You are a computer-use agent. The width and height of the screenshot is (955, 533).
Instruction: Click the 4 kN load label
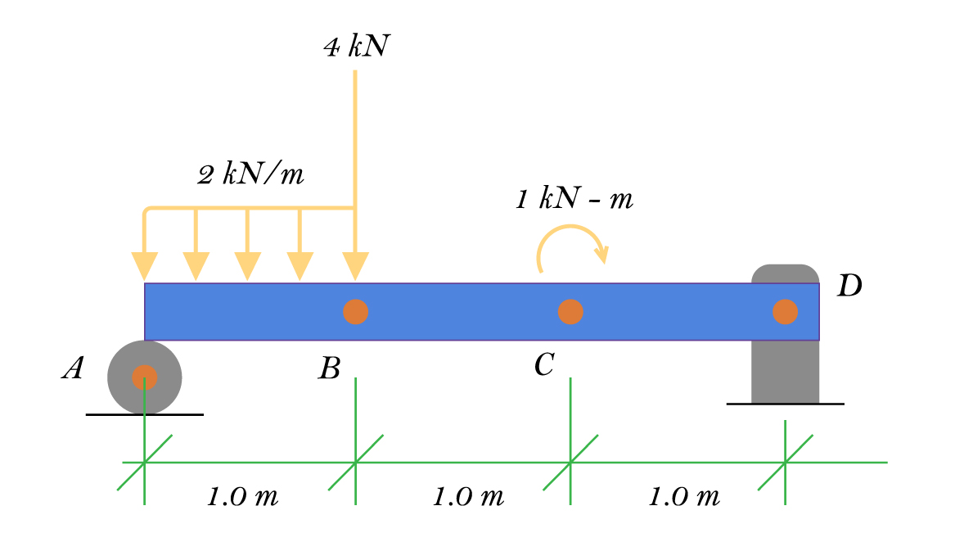tap(356, 47)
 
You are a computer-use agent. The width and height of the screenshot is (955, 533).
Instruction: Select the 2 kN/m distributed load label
tap(251, 174)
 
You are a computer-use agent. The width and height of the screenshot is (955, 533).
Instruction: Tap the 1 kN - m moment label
tap(574, 199)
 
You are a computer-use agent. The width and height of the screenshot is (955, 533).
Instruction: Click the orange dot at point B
tap(355, 312)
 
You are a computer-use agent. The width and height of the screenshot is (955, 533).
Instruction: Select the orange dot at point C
tap(570, 312)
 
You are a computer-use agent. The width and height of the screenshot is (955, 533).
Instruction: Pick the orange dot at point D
tap(785, 312)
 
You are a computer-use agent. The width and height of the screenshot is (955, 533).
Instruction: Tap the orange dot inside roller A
tap(145, 377)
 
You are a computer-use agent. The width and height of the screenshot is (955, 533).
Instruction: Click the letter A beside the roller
tap(73, 370)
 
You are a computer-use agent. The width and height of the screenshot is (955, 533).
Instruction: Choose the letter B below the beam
tap(329, 369)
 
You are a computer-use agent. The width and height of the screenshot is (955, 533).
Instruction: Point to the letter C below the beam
tap(544, 364)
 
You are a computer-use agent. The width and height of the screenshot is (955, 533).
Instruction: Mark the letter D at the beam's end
tap(849, 287)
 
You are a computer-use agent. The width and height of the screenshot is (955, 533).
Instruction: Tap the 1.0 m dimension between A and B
tap(242, 496)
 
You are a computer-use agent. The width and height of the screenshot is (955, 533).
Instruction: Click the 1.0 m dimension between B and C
tap(468, 496)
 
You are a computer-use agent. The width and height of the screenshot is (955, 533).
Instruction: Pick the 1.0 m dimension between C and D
tap(684, 496)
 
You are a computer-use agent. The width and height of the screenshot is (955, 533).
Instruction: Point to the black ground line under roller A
tap(106, 415)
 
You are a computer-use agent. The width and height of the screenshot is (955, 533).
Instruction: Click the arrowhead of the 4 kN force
tap(355, 266)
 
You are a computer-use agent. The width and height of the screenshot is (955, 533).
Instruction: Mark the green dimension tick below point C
tap(570, 463)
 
